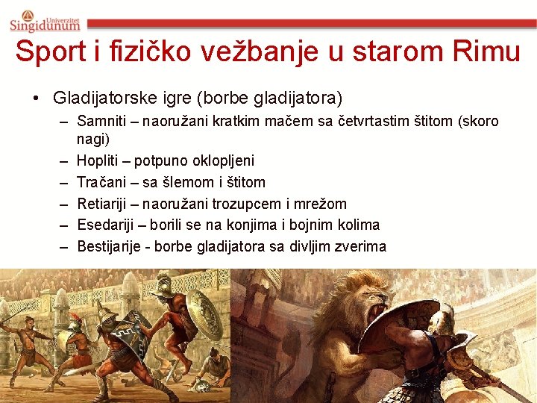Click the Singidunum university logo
pos(45,20)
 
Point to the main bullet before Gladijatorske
pos(35,98)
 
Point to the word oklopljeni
pos(223,160)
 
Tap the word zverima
pos(362,246)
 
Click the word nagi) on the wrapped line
pos(92,139)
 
